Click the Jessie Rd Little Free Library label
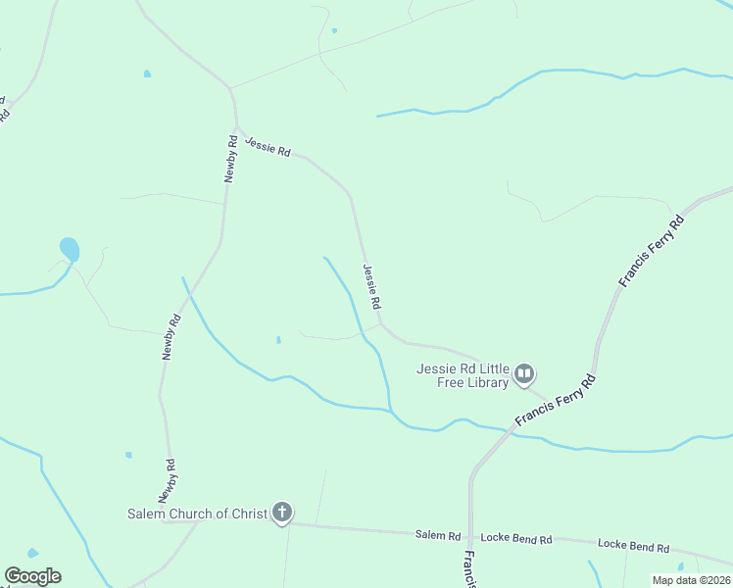coord(463,375)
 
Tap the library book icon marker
coord(524,373)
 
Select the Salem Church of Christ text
coord(197,514)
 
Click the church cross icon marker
coord(282,512)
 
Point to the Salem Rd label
coord(438,535)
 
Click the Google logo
coord(32,576)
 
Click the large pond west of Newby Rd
coord(70,249)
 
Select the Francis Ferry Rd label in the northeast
coord(651,252)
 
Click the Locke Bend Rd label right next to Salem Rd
coord(516,539)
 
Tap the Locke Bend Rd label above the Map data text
coord(633,546)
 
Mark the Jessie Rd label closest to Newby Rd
coord(268,146)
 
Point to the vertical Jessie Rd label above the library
coord(371,288)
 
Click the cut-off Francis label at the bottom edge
coord(469,568)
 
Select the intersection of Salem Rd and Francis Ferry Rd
coord(470,536)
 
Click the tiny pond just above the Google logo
coord(32,554)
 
